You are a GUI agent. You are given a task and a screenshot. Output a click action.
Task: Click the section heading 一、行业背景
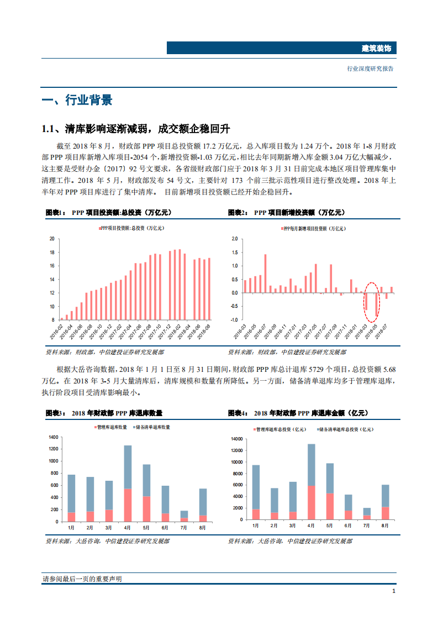[x=77, y=100]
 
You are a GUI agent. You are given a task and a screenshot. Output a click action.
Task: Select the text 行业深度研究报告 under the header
[x=370, y=69]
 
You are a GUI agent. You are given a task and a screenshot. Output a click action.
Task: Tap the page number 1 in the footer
[x=393, y=591]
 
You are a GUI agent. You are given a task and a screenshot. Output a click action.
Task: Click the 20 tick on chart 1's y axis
[x=52, y=239]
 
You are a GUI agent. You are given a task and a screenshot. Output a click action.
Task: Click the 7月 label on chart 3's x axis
[x=184, y=528]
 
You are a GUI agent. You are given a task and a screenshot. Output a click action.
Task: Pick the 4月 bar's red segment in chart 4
[x=312, y=502]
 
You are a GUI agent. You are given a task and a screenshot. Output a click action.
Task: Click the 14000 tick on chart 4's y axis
[x=236, y=439]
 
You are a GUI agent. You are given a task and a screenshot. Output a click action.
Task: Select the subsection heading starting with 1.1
[x=136, y=129]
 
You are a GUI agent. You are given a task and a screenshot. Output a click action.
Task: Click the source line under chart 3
[x=107, y=541]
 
